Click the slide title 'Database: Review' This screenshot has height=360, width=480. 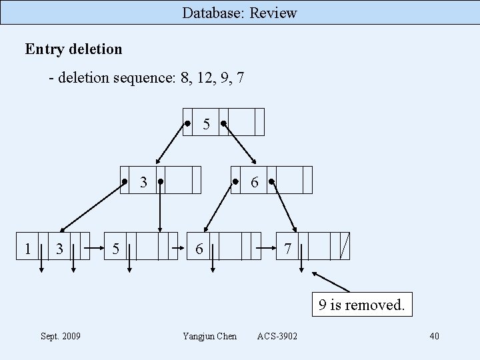pyautogui.click(x=239, y=13)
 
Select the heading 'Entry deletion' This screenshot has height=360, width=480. pyautogui.click(x=73, y=49)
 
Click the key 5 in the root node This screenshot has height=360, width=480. pyautogui.click(x=207, y=124)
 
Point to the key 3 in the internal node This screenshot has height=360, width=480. pyautogui.click(x=143, y=181)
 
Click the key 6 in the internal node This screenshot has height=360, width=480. pyautogui.click(x=255, y=181)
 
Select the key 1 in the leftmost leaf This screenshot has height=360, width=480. pyautogui.click(x=27, y=249)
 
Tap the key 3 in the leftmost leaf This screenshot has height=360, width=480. pyautogui.click(x=60, y=249)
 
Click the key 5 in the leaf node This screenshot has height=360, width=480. pyautogui.click(x=116, y=249)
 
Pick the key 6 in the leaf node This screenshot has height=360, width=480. pyautogui.click(x=199, y=249)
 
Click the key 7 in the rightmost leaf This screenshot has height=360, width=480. pyautogui.click(x=287, y=249)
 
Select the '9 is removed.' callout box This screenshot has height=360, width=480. pyautogui.click(x=361, y=305)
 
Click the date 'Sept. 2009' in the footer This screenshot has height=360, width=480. pyautogui.click(x=61, y=336)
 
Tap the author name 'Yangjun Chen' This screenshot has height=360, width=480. pyautogui.click(x=209, y=336)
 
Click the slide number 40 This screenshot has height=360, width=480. pyautogui.click(x=434, y=336)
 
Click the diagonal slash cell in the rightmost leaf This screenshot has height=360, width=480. pyautogui.click(x=344, y=246)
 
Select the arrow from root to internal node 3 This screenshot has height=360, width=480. pyautogui.click(x=171, y=144)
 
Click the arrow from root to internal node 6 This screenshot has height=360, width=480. pyautogui.click(x=241, y=144)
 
